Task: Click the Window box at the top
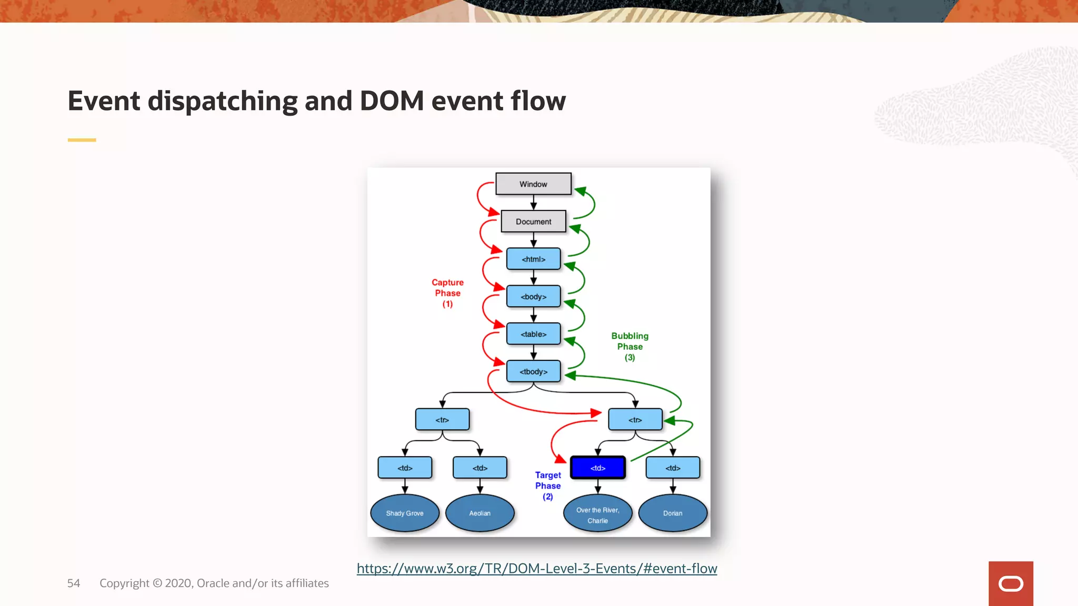pos(533,184)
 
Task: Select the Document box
pos(533,221)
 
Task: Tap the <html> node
pos(533,259)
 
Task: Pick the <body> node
pos(533,297)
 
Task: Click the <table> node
pos(533,334)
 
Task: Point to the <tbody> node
pos(533,371)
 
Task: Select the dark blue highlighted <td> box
pos(598,468)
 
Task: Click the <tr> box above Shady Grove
pos(442,420)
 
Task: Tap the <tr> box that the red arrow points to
pos(635,420)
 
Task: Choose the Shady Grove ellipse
pos(405,513)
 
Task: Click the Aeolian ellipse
pos(480,513)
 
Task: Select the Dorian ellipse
pos(673,513)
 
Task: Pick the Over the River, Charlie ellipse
pos(597,514)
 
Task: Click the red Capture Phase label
pos(447,293)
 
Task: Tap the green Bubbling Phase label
pos(630,346)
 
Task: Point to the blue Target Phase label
pos(548,486)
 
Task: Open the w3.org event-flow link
pos(537,569)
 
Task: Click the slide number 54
pos(74,583)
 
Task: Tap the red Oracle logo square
pos(1011,583)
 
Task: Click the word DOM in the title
pos(392,101)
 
